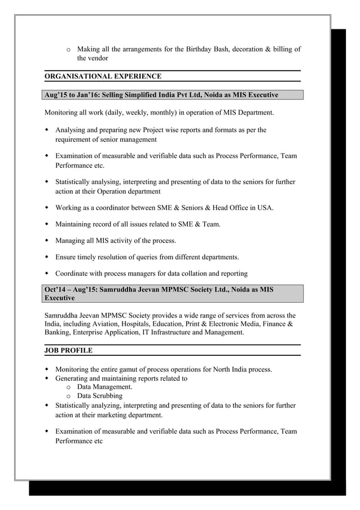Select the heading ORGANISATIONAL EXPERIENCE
pos(103,76)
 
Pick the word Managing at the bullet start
pos(71,241)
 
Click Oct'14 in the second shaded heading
pos(55,289)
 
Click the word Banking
pos(60,333)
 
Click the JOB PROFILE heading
pos(68,351)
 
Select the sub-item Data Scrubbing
pos(100,396)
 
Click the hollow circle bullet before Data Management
pos(68,387)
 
